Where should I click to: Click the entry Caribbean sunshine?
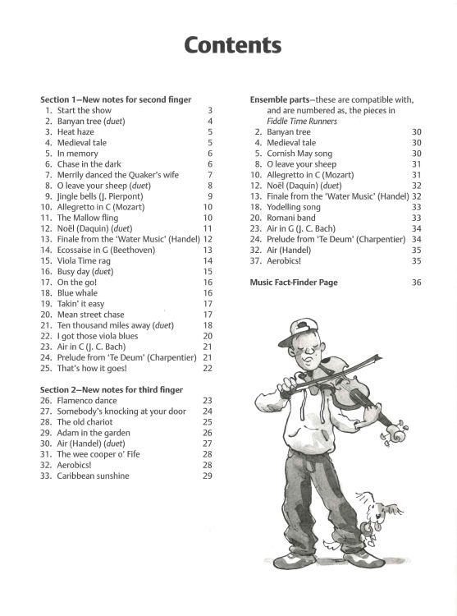(93, 476)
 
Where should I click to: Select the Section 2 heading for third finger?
(112, 389)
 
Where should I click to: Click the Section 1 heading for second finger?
(116, 99)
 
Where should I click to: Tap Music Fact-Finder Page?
(294, 282)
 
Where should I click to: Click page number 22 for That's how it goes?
(208, 368)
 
